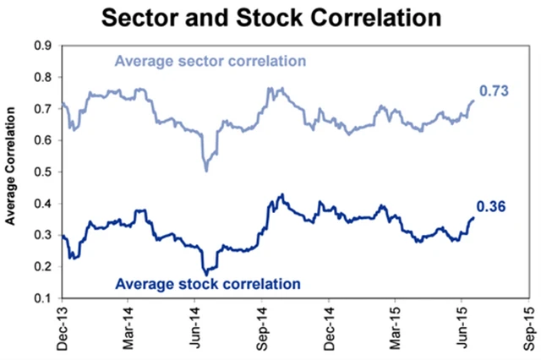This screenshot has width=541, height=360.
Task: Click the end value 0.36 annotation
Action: tap(491, 206)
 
